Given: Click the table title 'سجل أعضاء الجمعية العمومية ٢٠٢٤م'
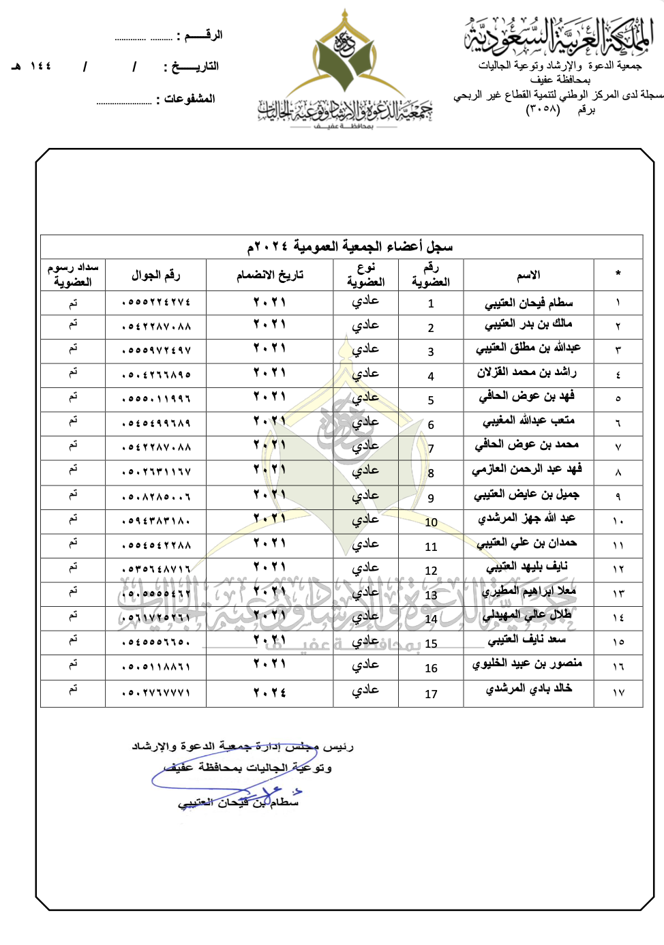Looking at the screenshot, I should (x=350, y=246).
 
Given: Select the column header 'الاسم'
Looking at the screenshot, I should (x=528, y=275).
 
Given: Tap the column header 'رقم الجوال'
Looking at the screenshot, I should (x=155, y=275).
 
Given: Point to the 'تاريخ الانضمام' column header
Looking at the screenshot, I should (x=270, y=275).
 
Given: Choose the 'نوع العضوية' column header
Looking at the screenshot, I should (x=365, y=275).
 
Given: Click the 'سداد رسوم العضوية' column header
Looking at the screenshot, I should (x=73, y=275).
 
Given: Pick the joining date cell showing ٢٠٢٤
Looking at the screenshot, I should (x=270, y=692).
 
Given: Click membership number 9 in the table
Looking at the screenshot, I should (x=431, y=498).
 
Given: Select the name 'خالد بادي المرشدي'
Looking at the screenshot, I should (x=528, y=689).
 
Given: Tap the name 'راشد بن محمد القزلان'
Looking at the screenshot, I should (x=527, y=372).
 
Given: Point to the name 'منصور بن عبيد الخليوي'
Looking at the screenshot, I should (x=527, y=663).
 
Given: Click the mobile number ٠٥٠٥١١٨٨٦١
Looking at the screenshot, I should (x=156, y=666).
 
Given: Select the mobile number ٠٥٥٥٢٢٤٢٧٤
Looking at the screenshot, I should (x=156, y=302).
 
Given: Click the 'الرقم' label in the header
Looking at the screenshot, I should (x=203, y=35).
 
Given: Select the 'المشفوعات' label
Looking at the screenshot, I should (x=190, y=99).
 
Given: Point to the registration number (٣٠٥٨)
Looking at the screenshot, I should (x=543, y=109).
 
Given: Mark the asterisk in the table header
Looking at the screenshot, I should (x=618, y=274).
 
